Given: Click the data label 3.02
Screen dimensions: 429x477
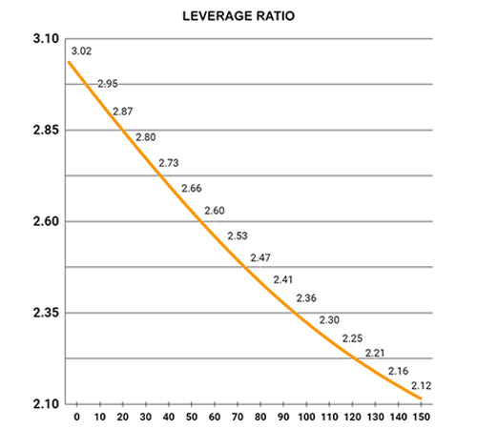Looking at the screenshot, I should (x=80, y=50).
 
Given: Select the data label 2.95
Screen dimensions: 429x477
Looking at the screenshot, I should (x=108, y=84).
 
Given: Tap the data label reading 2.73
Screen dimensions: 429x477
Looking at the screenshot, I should (x=168, y=163).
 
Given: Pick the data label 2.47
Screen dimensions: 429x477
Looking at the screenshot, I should (x=260, y=257).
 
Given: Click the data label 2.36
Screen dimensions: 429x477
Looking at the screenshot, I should (x=306, y=298).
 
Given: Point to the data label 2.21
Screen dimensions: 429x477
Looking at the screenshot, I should (x=375, y=353).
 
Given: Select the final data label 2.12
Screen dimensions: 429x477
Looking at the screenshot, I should (x=421, y=385).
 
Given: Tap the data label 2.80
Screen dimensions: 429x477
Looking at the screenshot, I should (x=146, y=137).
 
